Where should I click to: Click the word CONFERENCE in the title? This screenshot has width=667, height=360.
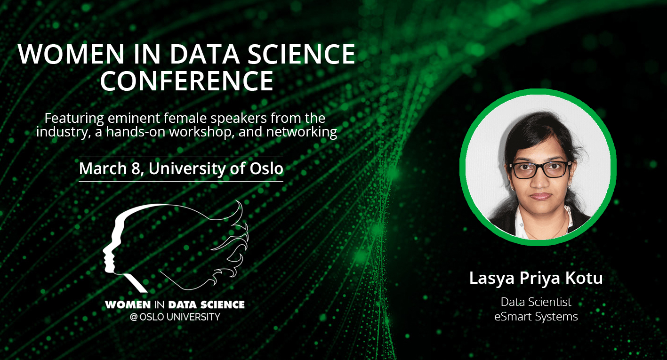pyautogui.click(x=187, y=80)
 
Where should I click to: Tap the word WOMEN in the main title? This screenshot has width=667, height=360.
pyautogui.click(x=71, y=54)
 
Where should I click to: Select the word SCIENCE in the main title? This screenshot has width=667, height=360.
pyautogui.click(x=301, y=54)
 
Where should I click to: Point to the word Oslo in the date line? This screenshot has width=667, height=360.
pyautogui.click(x=266, y=168)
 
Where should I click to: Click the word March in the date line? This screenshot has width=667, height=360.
pyautogui.click(x=103, y=168)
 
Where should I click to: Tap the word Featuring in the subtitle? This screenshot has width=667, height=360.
pyautogui.click(x=74, y=119)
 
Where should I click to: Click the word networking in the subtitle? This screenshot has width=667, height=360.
pyautogui.click(x=302, y=132)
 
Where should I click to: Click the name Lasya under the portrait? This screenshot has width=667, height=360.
pyautogui.click(x=492, y=279)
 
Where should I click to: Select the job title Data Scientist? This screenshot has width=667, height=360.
pyautogui.click(x=536, y=302)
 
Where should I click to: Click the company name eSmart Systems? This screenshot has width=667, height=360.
pyautogui.click(x=536, y=317)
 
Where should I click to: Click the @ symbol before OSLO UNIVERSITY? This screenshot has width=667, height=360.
pyautogui.click(x=134, y=317)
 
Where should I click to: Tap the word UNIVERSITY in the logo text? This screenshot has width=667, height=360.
pyautogui.click(x=193, y=317)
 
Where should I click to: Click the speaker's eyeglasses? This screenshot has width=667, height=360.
pyautogui.click(x=540, y=169)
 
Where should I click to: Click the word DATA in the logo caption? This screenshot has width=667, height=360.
pyautogui.click(x=182, y=304)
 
